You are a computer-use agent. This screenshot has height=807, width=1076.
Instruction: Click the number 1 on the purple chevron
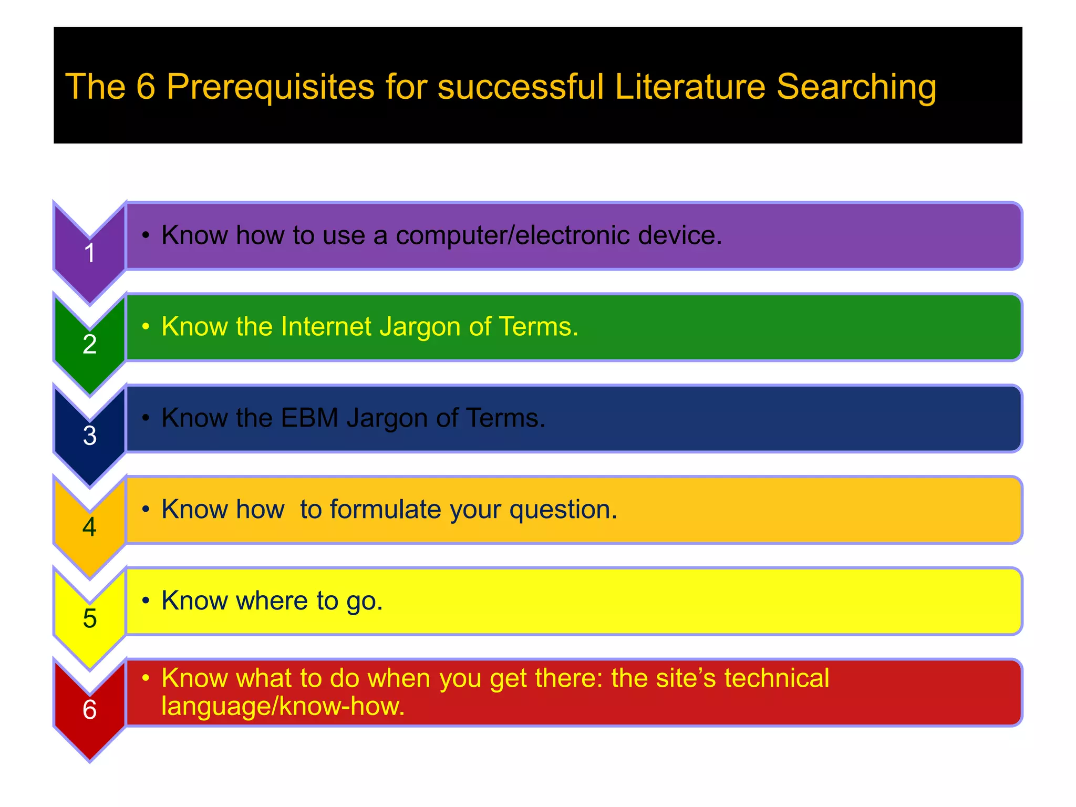[x=90, y=253]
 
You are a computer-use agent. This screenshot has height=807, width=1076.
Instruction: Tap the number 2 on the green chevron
[x=90, y=344]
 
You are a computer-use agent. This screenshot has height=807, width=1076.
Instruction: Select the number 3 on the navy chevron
[x=90, y=436]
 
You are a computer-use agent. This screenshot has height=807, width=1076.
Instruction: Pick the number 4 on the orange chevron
[x=90, y=527]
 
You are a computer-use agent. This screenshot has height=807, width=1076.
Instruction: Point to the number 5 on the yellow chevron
[x=90, y=618]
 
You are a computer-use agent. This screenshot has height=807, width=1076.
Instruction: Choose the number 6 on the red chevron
[x=90, y=710]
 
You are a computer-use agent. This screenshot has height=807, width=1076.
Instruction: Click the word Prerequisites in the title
[x=270, y=87]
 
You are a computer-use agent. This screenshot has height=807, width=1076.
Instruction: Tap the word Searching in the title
[x=856, y=87]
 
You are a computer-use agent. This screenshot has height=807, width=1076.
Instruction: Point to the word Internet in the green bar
[x=326, y=326]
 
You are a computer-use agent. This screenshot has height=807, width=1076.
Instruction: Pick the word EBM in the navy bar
[x=309, y=418]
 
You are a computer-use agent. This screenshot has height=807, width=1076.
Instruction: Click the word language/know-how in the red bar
[x=283, y=706]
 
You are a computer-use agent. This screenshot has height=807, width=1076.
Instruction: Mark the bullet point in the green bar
[x=146, y=326]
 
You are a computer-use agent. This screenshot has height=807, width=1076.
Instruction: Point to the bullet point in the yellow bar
[x=146, y=601]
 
